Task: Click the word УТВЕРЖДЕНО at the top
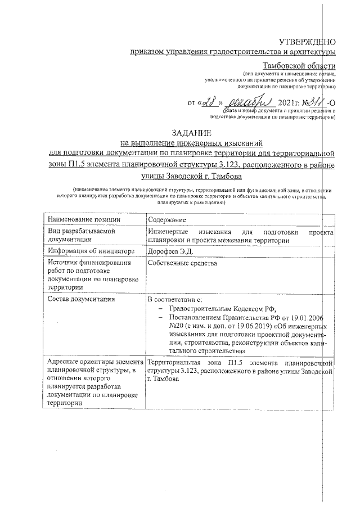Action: (x=307, y=41)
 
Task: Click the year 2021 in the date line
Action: (x=288, y=104)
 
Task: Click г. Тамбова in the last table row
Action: (x=163, y=380)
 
